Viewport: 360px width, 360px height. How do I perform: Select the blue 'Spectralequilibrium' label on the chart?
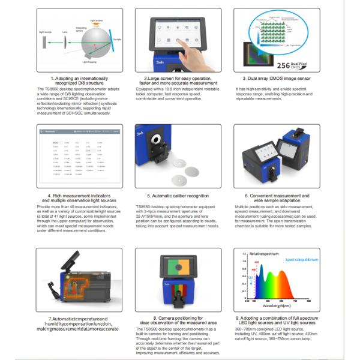301,260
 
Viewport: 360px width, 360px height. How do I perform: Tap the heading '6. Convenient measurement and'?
277,196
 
